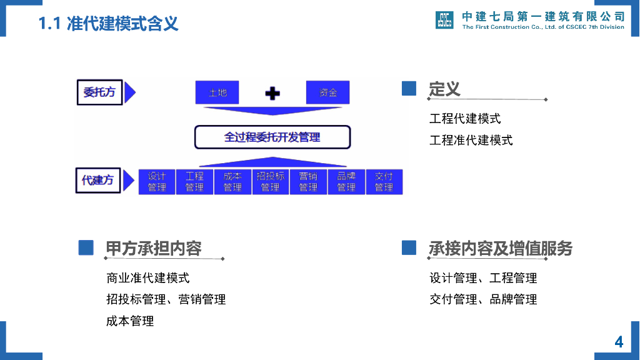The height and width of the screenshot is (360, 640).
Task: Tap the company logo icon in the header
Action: (x=444, y=20)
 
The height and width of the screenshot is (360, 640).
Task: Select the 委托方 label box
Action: (x=99, y=92)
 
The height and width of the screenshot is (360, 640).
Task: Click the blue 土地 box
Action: (x=217, y=92)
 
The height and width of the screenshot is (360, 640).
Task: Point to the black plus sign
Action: (x=272, y=94)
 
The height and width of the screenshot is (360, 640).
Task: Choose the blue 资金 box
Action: (x=327, y=92)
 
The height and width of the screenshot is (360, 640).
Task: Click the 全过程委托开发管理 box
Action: (x=272, y=137)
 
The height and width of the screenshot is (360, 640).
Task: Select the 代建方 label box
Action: (x=98, y=180)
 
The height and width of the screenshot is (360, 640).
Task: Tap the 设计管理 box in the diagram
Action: (x=157, y=182)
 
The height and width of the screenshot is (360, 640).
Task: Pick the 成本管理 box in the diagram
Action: (x=232, y=182)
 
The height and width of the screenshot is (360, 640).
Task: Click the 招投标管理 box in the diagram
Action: (x=270, y=182)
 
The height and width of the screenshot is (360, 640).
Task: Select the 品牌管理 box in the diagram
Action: (x=346, y=182)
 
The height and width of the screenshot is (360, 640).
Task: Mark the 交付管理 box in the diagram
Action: (x=384, y=182)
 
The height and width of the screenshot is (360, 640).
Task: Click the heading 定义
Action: (x=444, y=89)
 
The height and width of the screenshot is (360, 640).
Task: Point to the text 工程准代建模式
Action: (x=471, y=140)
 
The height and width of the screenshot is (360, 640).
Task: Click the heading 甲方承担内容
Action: (x=154, y=248)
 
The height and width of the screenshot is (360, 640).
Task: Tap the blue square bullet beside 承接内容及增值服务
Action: (x=409, y=247)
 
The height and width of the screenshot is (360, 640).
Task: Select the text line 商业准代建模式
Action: (x=148, y=277)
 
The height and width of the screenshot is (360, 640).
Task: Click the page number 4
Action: (x=619, y=342)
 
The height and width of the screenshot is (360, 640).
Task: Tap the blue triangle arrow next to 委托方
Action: (x=129, y=92)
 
